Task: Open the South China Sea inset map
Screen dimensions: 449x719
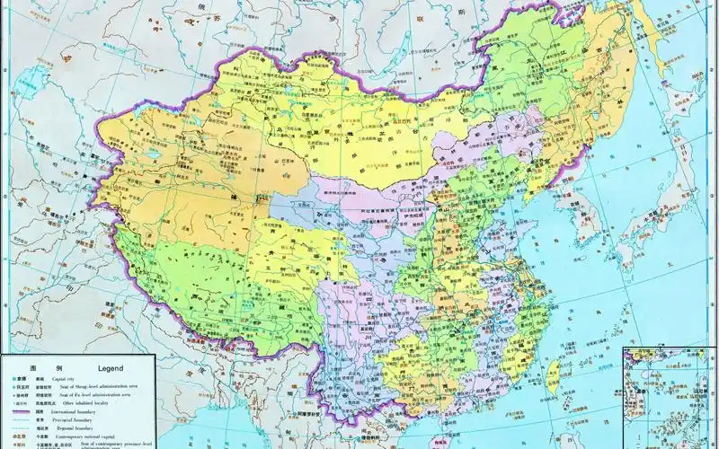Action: pyautogui.click(x=670, y=395)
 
